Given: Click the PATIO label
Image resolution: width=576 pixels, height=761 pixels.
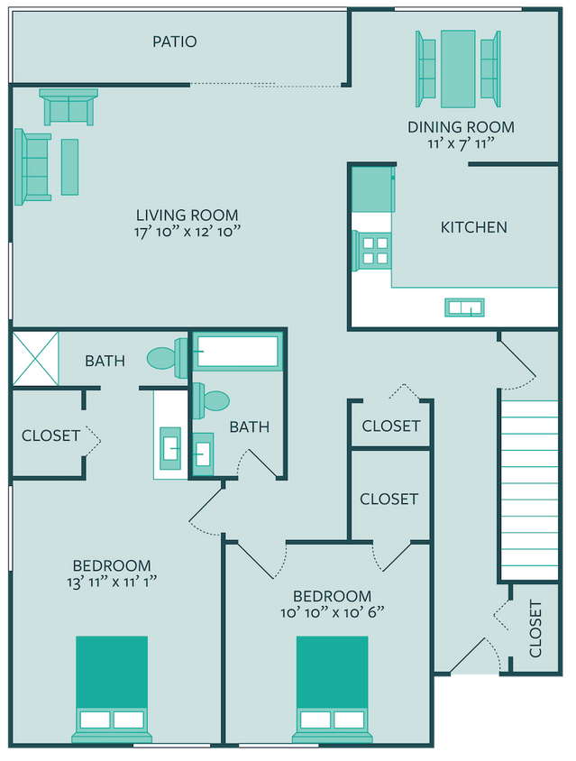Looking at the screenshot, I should coord(174,41).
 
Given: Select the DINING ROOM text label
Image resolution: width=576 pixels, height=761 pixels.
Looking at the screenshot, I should coord(462,127).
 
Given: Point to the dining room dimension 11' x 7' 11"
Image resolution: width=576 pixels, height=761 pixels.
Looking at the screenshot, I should coord(462,143).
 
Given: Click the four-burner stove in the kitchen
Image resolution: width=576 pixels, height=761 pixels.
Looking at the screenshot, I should coord(373,250).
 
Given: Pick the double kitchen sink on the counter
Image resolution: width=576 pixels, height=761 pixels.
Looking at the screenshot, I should coord(465,307).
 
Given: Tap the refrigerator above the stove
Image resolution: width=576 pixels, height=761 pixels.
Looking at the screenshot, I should coord(372,188).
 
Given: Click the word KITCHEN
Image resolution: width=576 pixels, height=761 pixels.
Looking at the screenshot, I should coord(473,227).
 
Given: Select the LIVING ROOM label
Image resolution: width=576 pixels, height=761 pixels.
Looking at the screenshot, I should coord(187,215).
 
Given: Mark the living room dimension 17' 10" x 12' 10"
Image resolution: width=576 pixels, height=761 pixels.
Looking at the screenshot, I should coord(187,231).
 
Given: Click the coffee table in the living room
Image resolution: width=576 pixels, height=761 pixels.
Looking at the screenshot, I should coord(69,167).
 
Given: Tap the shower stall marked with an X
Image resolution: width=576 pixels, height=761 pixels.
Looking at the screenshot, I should coord(35,358).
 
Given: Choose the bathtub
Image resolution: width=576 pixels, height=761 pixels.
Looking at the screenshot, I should coord(239,352).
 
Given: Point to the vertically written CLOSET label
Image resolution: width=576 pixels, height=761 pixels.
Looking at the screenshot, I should coord(535,628).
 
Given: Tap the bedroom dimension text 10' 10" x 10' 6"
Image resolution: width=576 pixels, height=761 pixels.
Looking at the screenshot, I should coord(332,612).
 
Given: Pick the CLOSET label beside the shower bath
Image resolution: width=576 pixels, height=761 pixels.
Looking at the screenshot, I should coord(51,436).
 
